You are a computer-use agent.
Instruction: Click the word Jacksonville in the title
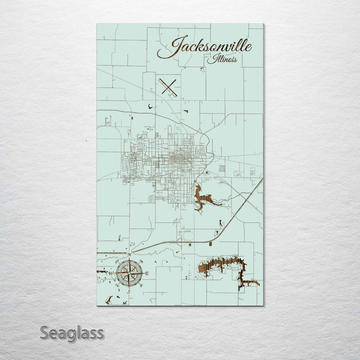(205, 47)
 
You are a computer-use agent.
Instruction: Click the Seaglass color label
(72, 333)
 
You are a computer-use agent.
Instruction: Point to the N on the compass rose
(130, 255)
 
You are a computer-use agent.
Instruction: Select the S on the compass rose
(129, 292)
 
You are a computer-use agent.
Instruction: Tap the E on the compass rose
(147, 273)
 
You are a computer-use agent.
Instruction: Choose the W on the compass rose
(112, 273)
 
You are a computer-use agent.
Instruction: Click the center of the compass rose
(129, 273)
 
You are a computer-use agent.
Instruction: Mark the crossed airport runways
(168, 86)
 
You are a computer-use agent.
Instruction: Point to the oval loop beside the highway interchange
(187, 235)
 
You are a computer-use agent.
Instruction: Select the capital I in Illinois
(209, 59)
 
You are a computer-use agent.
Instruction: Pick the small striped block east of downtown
(221, 168)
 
